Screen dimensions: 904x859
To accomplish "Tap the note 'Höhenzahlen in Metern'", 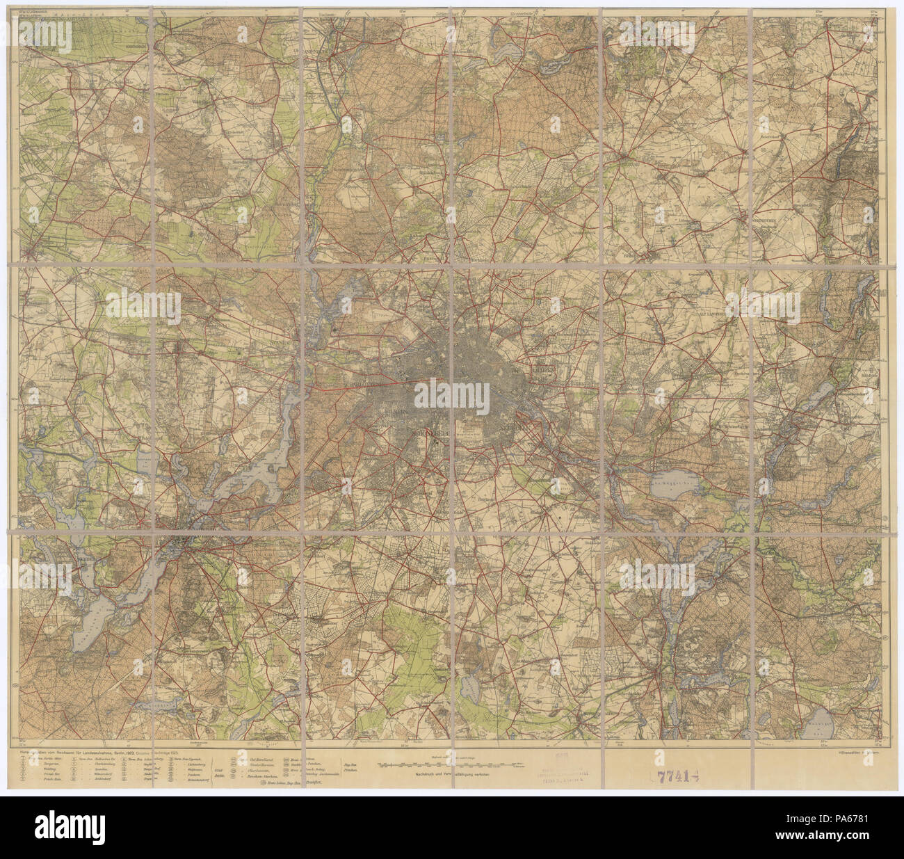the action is pyautogui.click(x=858, y=752).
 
